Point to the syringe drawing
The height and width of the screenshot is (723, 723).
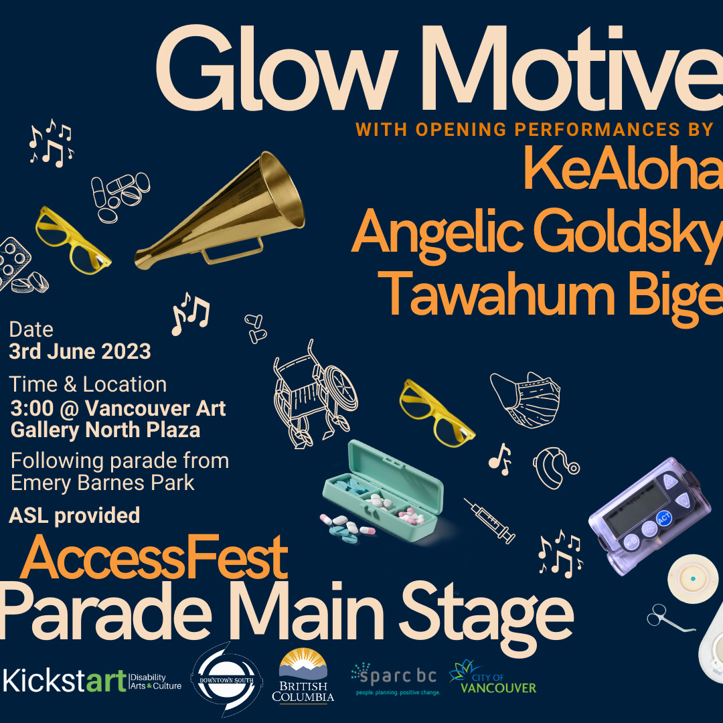point(489,521)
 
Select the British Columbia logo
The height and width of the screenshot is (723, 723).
point(303,675)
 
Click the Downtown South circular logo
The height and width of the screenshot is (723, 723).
point(226,679)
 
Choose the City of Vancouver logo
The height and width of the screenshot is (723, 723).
point(493,677)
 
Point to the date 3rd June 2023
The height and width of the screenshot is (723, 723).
point(80,351)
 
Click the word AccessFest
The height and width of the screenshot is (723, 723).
point(155,557)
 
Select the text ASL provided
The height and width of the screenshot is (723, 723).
point(74,515)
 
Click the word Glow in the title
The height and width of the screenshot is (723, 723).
point(276,69)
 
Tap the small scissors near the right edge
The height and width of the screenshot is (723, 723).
point(669,619)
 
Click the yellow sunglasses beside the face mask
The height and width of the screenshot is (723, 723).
point(436,412)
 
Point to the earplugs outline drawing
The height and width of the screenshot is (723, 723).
point(255,329)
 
